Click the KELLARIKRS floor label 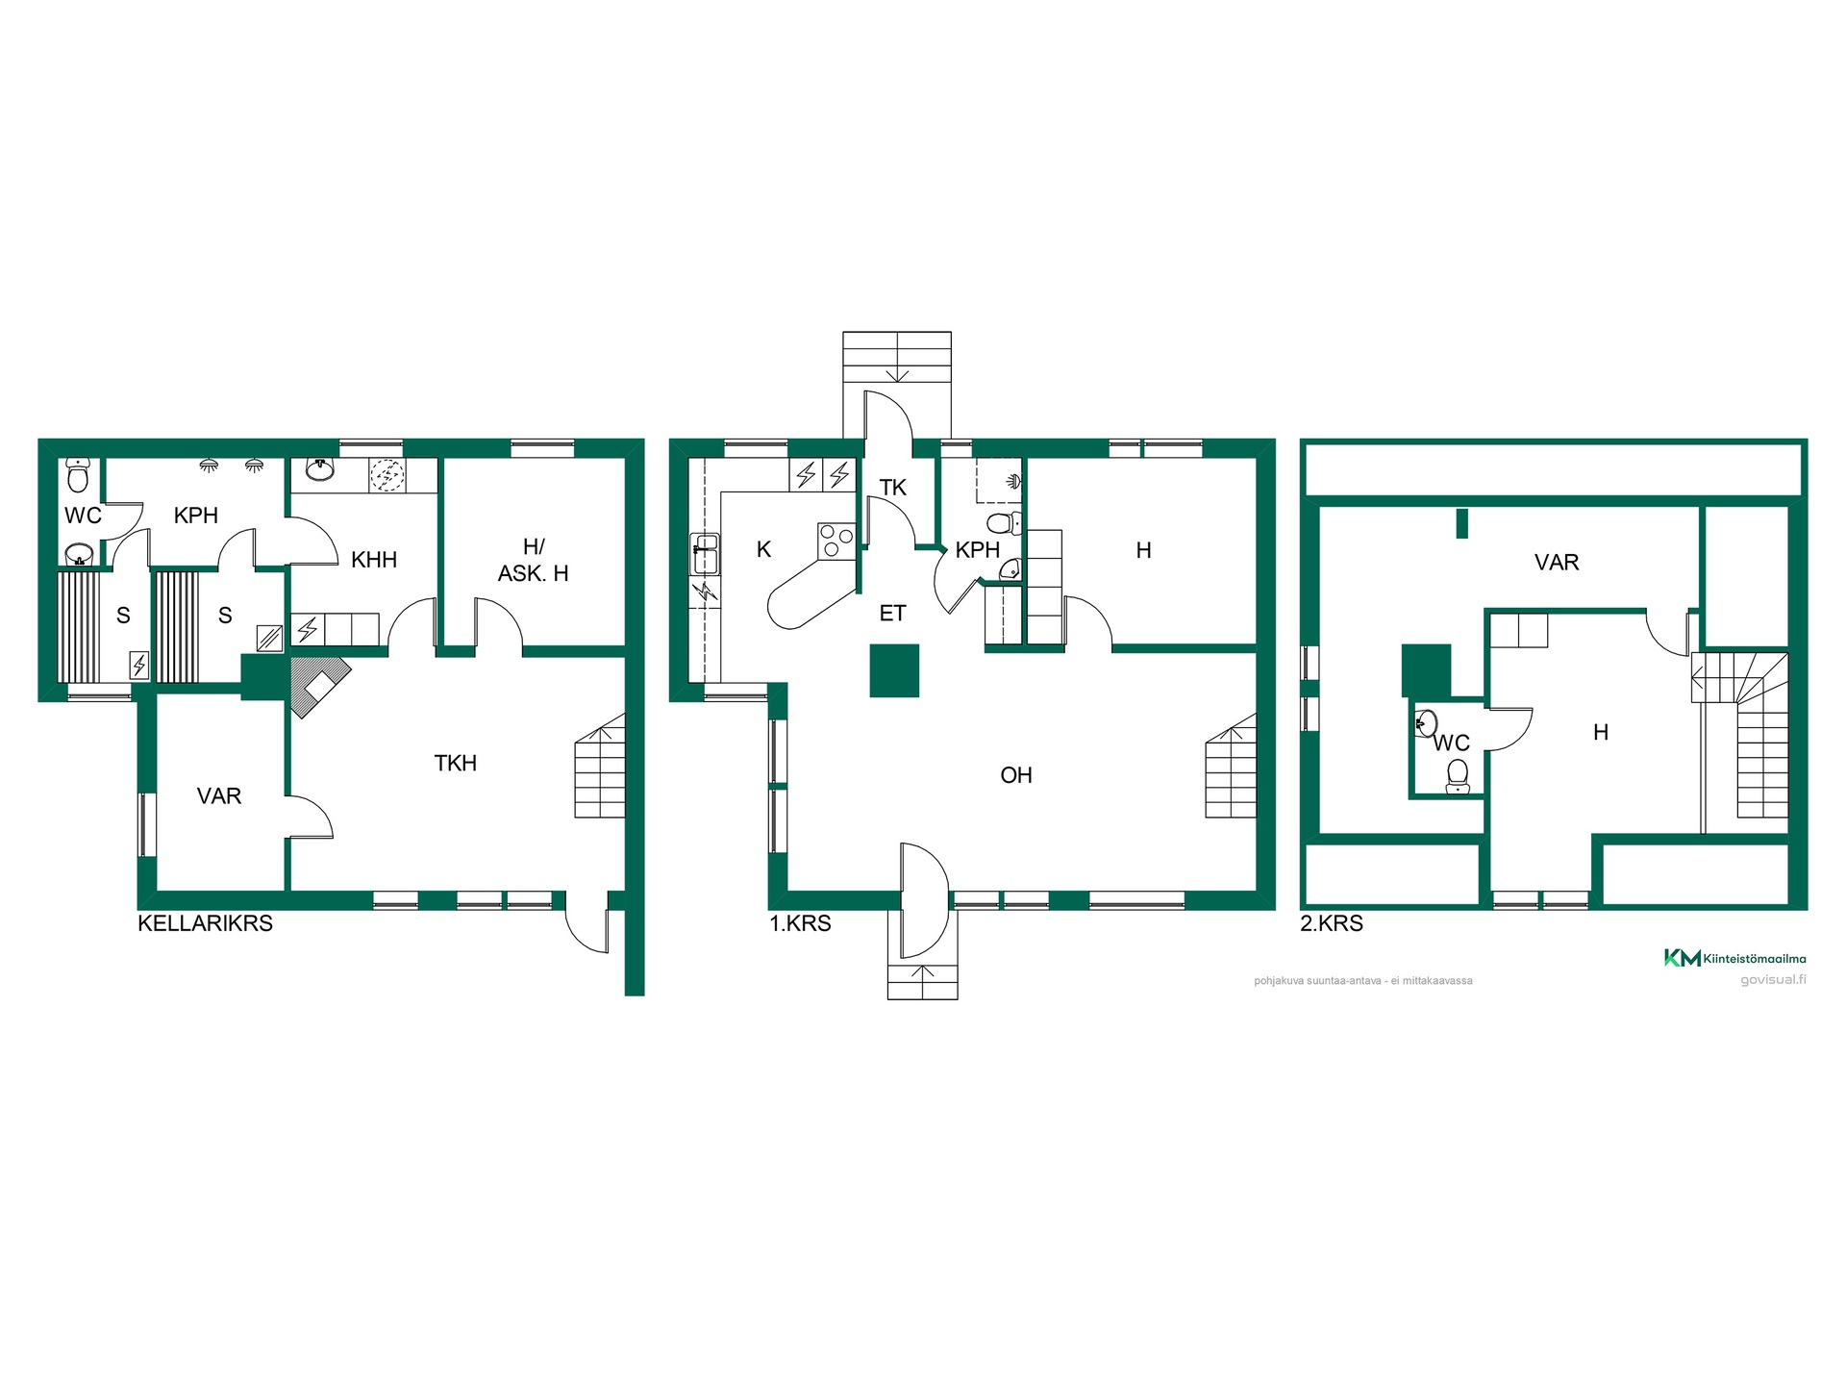pyautogui.click(x=205, y=923)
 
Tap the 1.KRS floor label pyautogui.click(x=800, y=923)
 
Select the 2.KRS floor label pyautogui.click(x=1332, y=923)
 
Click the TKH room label pyautogui.click(x=456, y=763)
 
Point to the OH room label pyautogui.click(x=1016, y=775)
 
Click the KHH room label pyautogui.click(x=374, y=560)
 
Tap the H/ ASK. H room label pyautogui.click(x=534, y=560)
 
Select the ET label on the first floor pyautogui.click(x=893, y=613)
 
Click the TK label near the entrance pyautogui.click(x=893, y=488)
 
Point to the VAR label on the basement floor pyautogui.click(x=219, y=796)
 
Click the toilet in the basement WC pyautogui.click(x=78, y=475)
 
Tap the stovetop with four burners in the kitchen pyautogui.click(x=836, y=541)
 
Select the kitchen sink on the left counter pyautogui.click(x=705, y=555)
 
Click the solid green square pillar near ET pyautogui.click(x=895, y=670)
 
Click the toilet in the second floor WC pyautogui.click(x=1458, y=776)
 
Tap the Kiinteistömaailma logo pyautogui.click(x=1735, y=958)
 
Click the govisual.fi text pyautogui.click(x=1774, y=980)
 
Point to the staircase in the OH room pyautogui.click(x=1232, y=766)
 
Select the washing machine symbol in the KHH pyautogui.click(x=387, y=475)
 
